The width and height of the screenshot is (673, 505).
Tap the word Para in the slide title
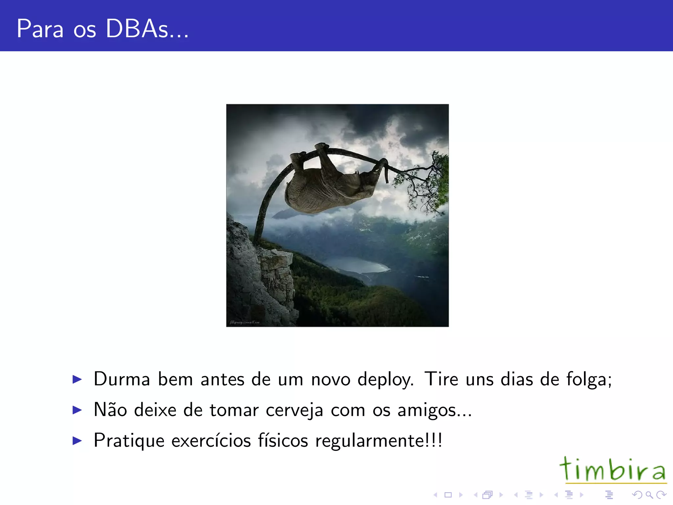(40, 29)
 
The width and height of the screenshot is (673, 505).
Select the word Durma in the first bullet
(122, 379)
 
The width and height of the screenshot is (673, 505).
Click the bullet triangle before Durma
(77, 379)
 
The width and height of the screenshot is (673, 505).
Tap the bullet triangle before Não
(77, 410)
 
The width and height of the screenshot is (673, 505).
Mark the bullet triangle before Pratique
(77, 441)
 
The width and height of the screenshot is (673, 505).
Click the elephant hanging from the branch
(329, 187)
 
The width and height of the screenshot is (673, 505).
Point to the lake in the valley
(357, 265)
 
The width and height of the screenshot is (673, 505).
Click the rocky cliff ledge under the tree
(274, 260)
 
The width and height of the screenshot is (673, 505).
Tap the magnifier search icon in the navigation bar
(649, 494)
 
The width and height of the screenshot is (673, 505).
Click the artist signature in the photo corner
(245, 323)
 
